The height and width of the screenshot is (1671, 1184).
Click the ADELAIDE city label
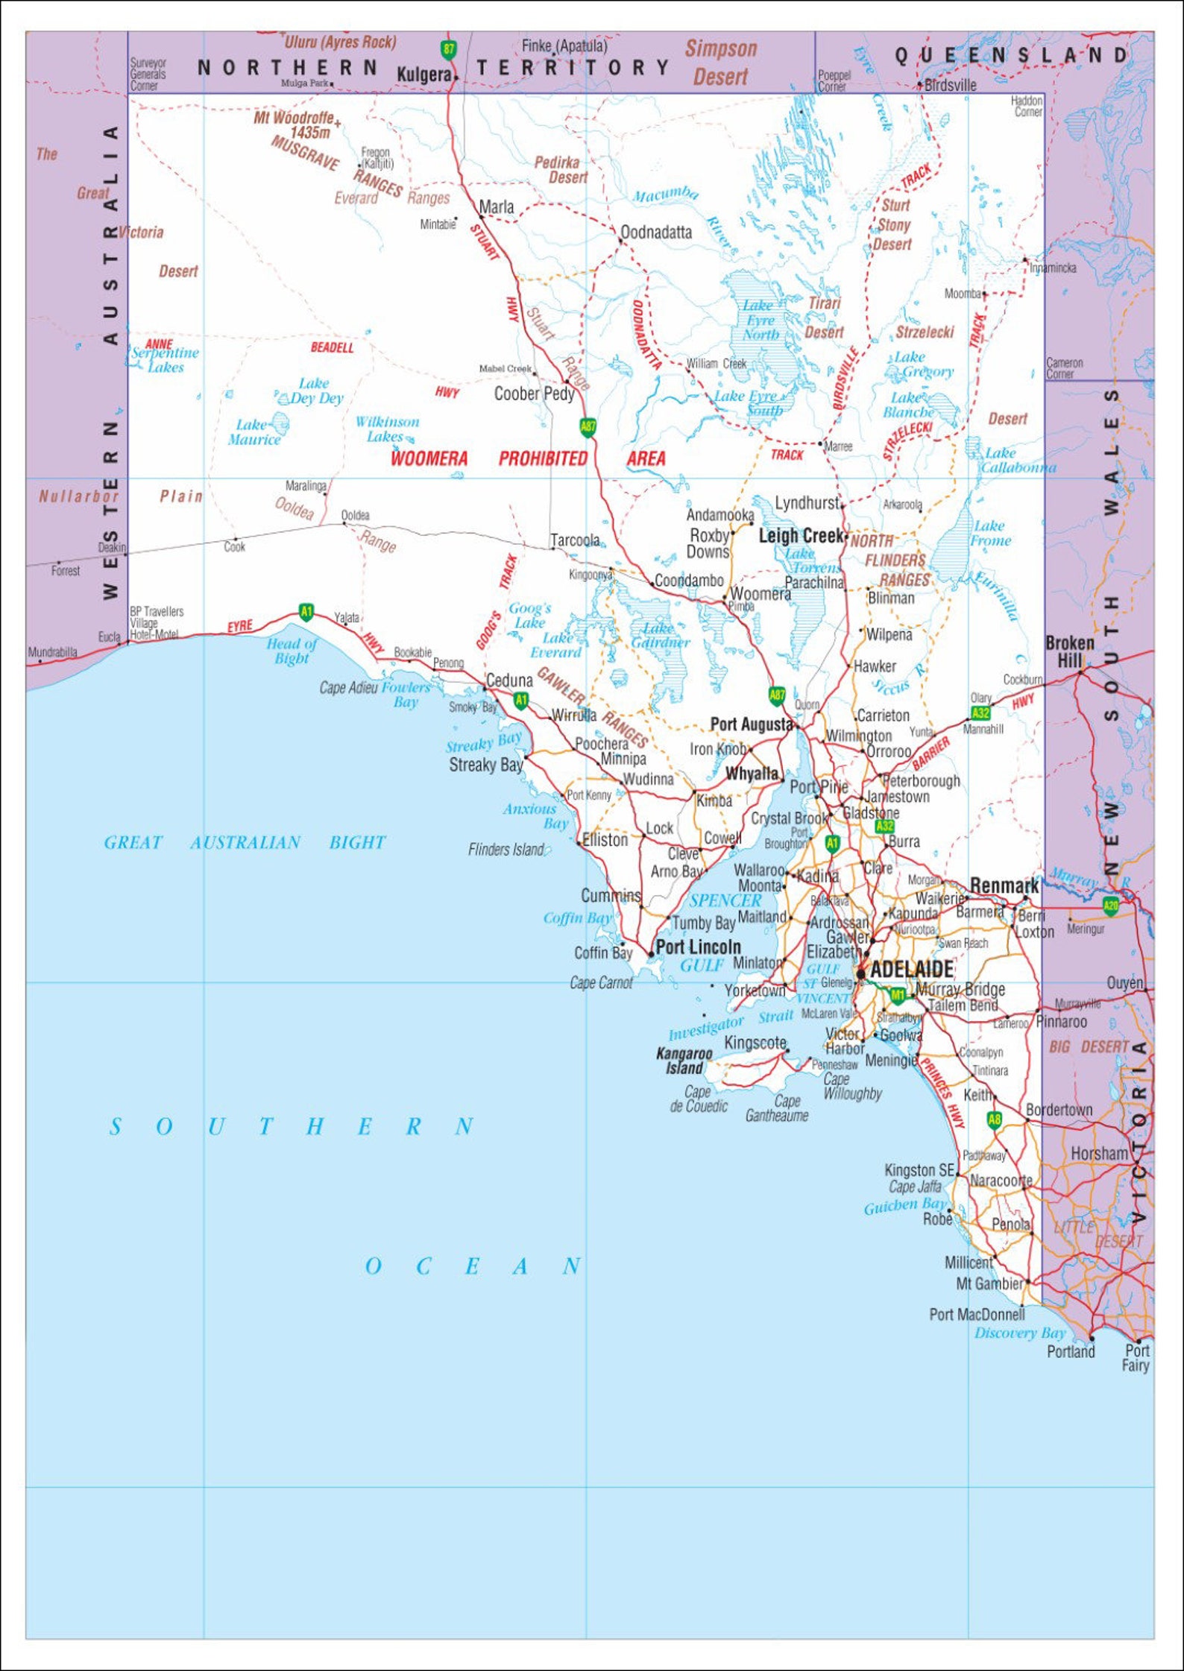tap(911, 969)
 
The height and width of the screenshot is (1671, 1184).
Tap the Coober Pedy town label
tap(534, 394)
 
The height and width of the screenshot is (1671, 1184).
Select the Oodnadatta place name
tap(656, 233)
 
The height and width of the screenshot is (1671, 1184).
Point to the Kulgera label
tap(423, 75)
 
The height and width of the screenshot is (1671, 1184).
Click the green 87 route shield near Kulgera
tap(448, 50)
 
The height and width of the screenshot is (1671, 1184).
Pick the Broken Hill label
tap(1069, 651)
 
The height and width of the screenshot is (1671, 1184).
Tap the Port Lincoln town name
tap(698, 947)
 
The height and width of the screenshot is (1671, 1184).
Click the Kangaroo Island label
tap(684, 1061)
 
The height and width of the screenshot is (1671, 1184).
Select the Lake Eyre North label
tap(761, 320)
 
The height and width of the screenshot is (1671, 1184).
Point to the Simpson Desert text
tap(720, 63)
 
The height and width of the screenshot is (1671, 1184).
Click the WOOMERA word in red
tap(429, 458)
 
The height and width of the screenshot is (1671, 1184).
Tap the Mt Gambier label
tap(989, 1283)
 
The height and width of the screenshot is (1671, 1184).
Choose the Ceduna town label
tap(509, 680)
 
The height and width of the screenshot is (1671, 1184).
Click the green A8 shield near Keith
tap(994, 1119)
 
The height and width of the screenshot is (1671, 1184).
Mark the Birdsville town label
tap(950, 85)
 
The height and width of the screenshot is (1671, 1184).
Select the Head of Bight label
tap(292, 651)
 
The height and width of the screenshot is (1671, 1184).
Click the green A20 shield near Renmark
tap(1110, 906)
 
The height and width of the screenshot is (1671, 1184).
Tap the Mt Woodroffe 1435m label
tap(295, 125)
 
